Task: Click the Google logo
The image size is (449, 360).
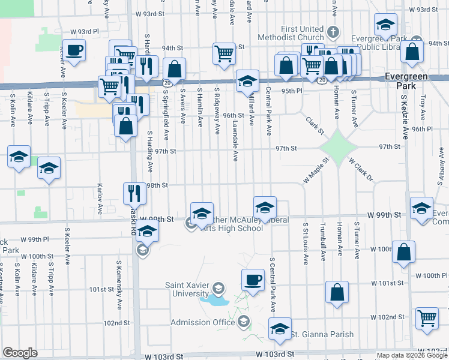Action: (20, 353)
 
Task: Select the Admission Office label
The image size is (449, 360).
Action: (203, 322)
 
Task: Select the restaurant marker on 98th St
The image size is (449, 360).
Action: (134, 193)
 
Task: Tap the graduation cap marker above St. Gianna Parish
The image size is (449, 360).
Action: (279, 328)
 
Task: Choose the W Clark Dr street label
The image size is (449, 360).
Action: (361, 170)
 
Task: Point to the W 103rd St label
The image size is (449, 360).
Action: (274, 356)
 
